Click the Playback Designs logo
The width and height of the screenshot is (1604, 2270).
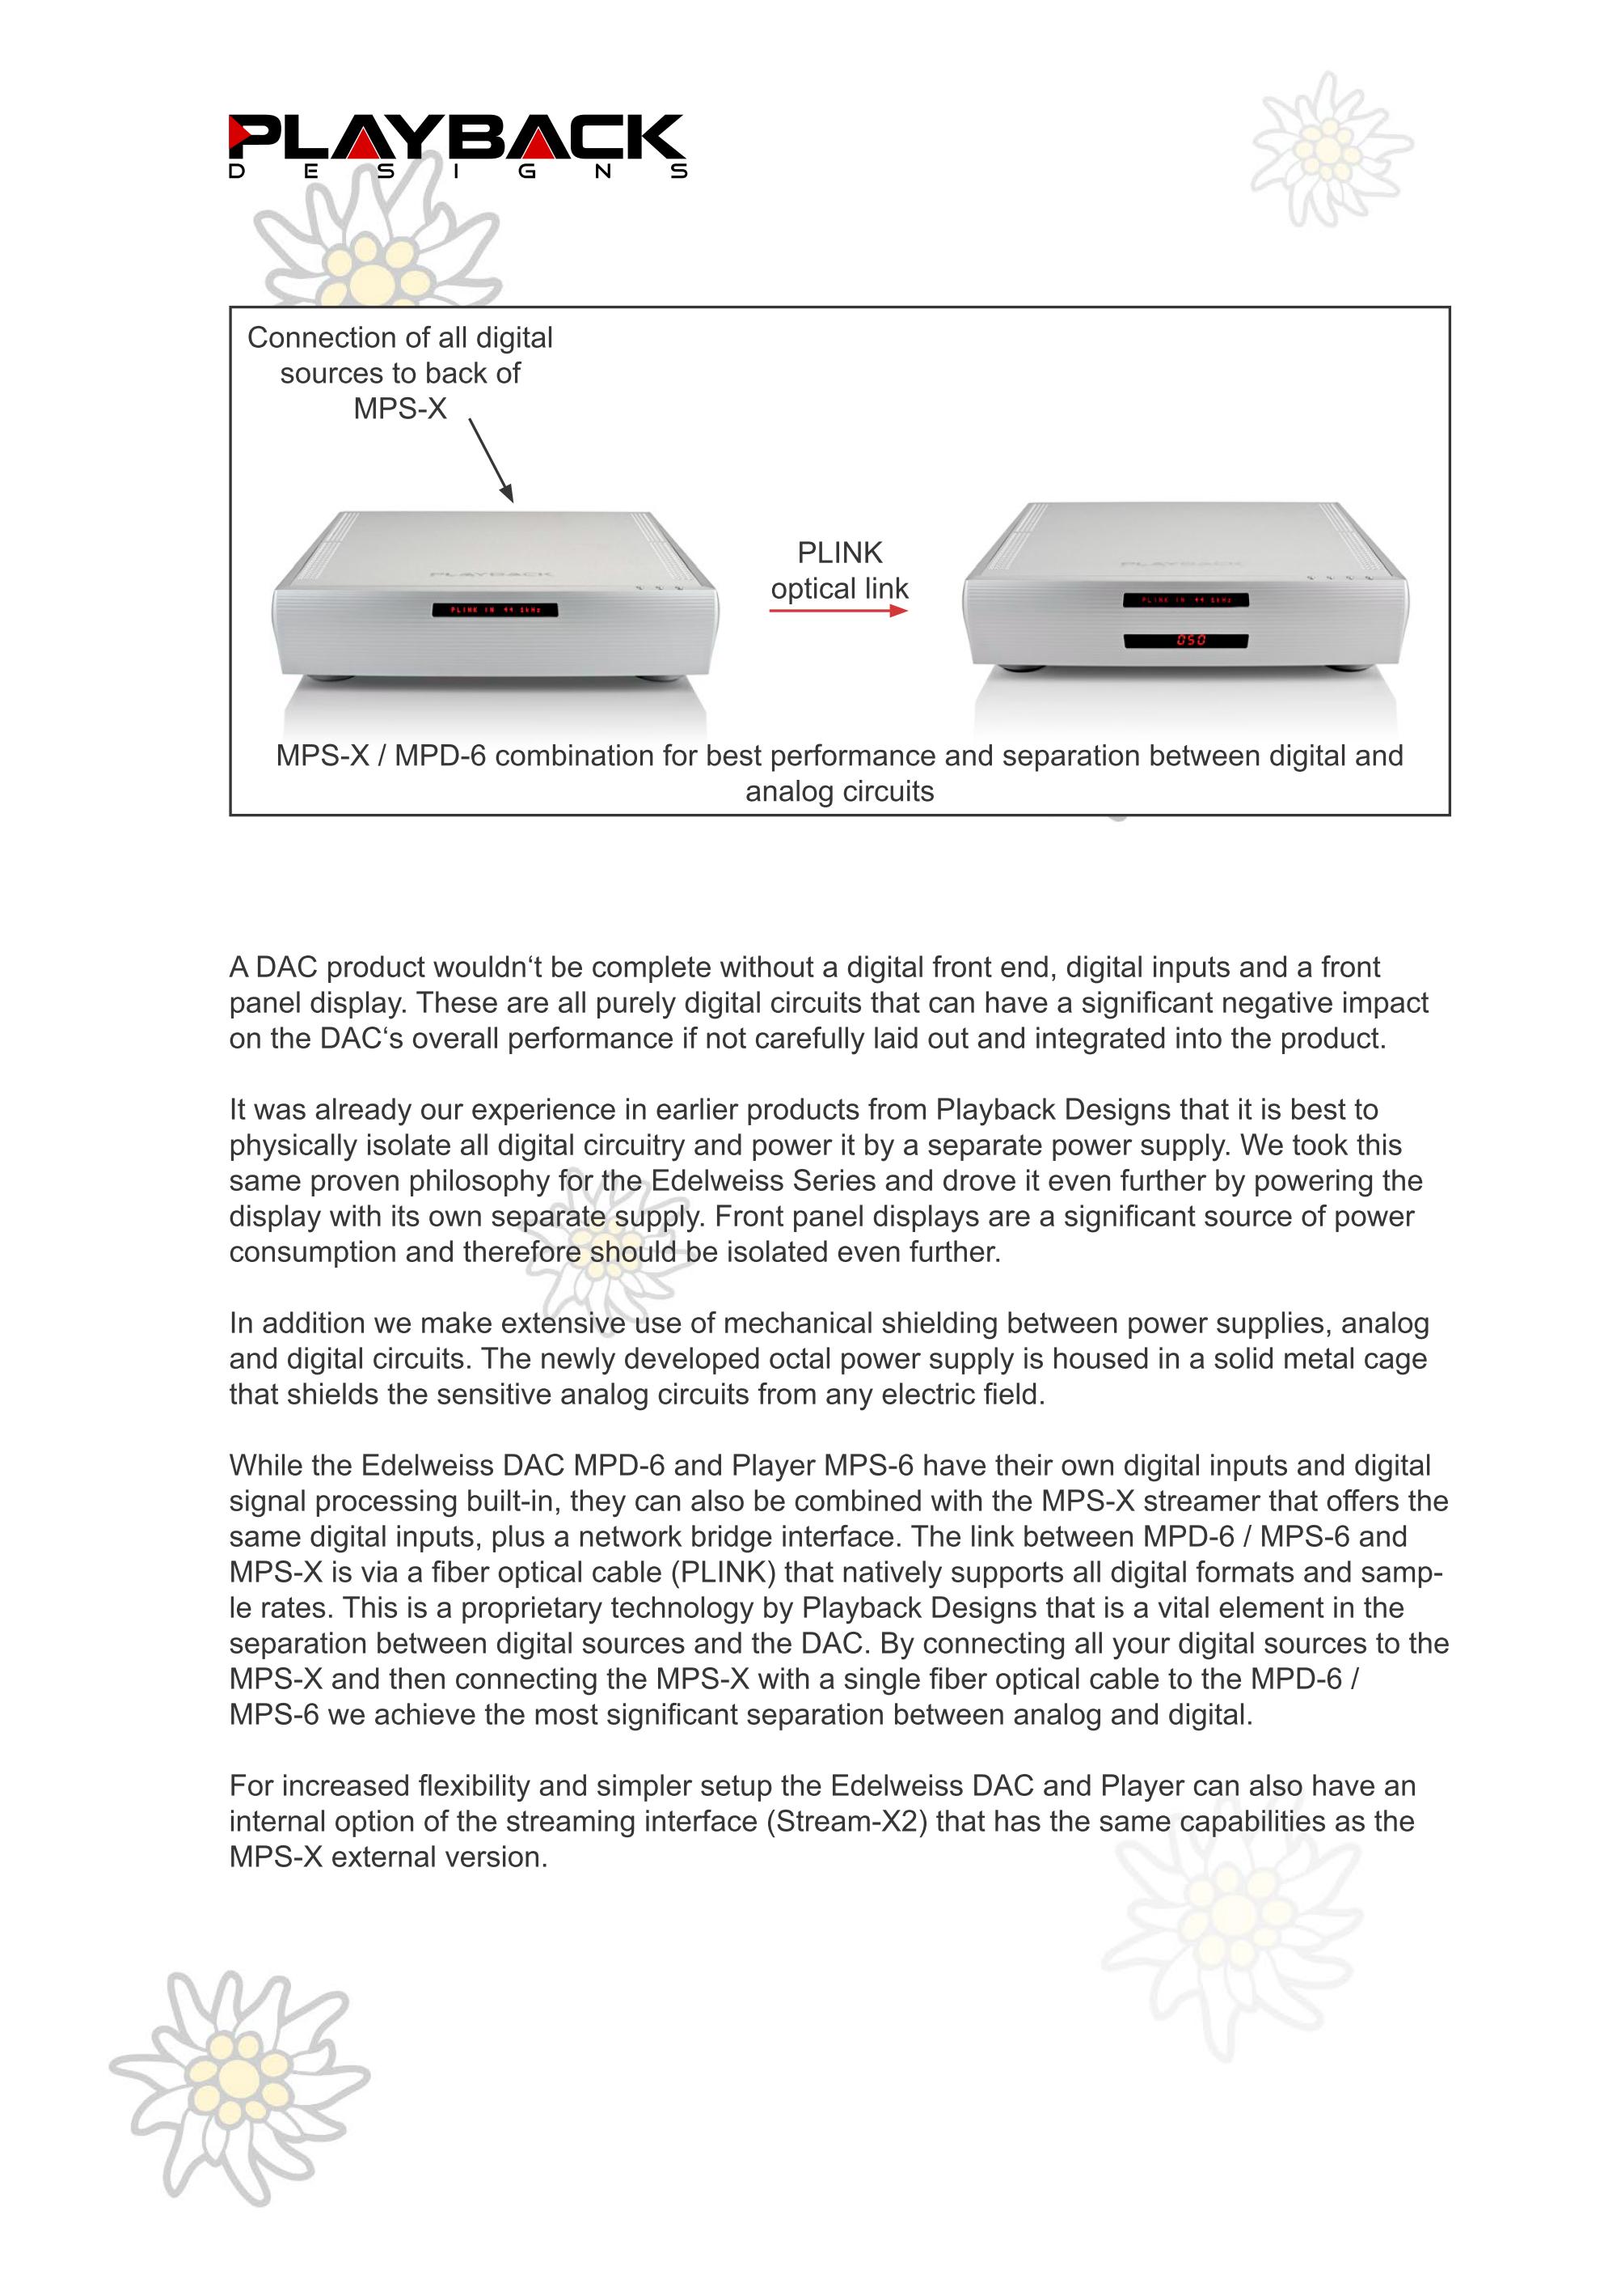(457, 146)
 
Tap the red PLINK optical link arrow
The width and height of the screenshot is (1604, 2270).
(837, 611)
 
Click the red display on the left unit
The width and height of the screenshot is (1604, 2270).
(494, 610)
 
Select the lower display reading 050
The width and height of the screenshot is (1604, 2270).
(1186, 641)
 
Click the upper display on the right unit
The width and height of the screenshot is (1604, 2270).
(1186, 600)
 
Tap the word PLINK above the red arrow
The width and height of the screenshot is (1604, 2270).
(839, 553)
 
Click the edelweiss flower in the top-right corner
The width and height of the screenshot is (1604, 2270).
(1329, 150)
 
